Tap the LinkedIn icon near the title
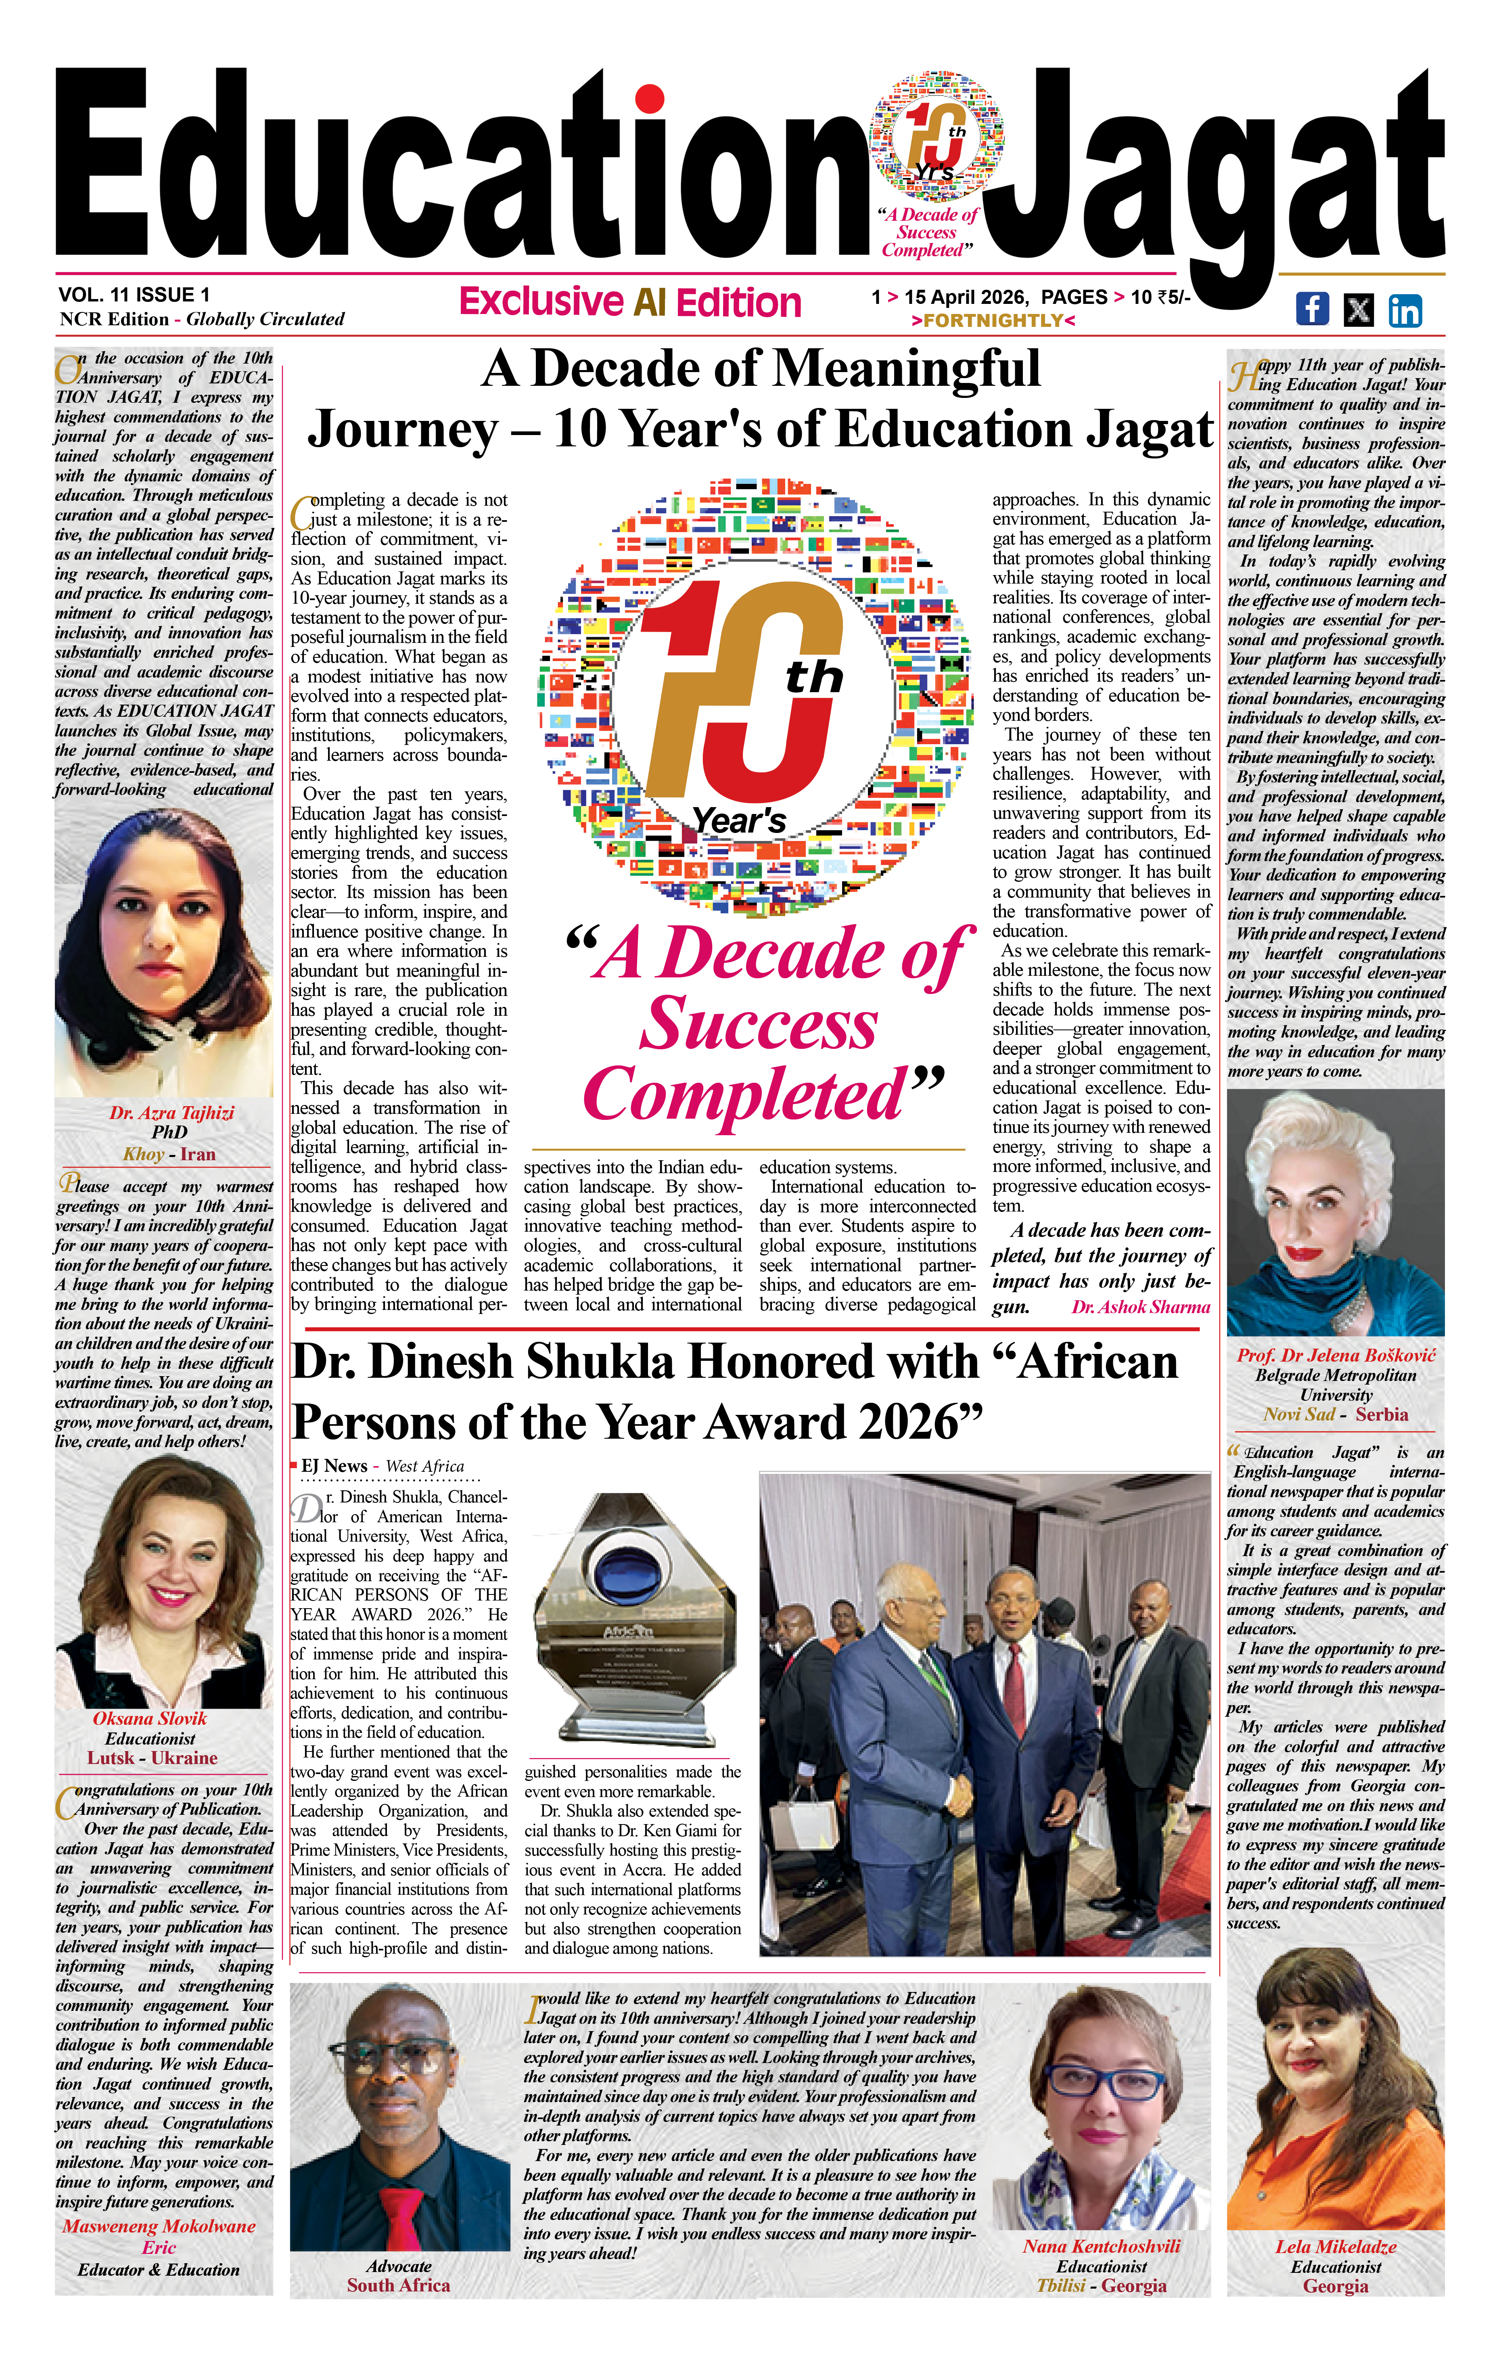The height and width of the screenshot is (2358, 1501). pos(1404,310)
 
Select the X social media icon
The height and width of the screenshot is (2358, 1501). pos(1358,310)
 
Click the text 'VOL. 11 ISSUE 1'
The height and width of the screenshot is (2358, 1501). pos(134,295)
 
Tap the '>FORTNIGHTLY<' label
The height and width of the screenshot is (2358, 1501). pos(993,320)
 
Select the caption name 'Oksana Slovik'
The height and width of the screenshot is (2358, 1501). pos(150,1718)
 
